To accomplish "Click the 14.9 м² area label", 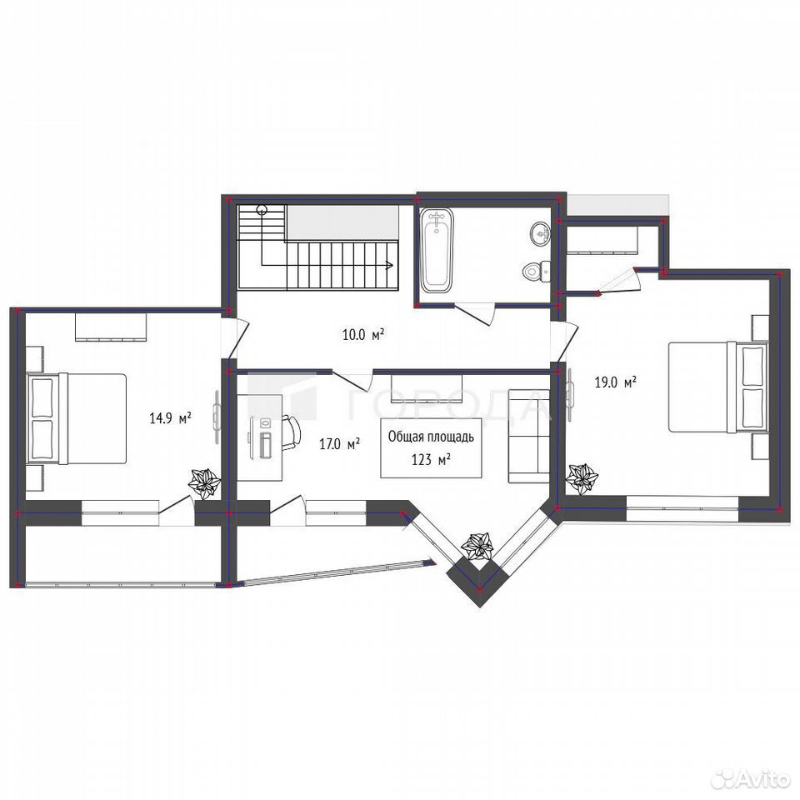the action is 170,419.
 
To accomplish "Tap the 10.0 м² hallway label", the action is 363,335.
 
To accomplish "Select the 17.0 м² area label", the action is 340,444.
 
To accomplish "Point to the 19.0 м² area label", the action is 615,382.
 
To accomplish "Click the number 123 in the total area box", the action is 422,460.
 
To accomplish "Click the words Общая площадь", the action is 431,437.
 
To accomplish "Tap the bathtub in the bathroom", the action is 436,250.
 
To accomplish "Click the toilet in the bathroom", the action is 536,270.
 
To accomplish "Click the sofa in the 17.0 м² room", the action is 528,436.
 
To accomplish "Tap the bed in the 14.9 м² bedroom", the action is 77,418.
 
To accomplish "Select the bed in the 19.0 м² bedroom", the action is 717,387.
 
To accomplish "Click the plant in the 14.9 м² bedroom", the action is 205,483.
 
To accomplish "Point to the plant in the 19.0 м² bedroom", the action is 582,478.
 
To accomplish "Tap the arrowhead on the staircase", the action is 389,265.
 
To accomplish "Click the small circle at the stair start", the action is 262,209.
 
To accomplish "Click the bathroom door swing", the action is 474,314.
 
